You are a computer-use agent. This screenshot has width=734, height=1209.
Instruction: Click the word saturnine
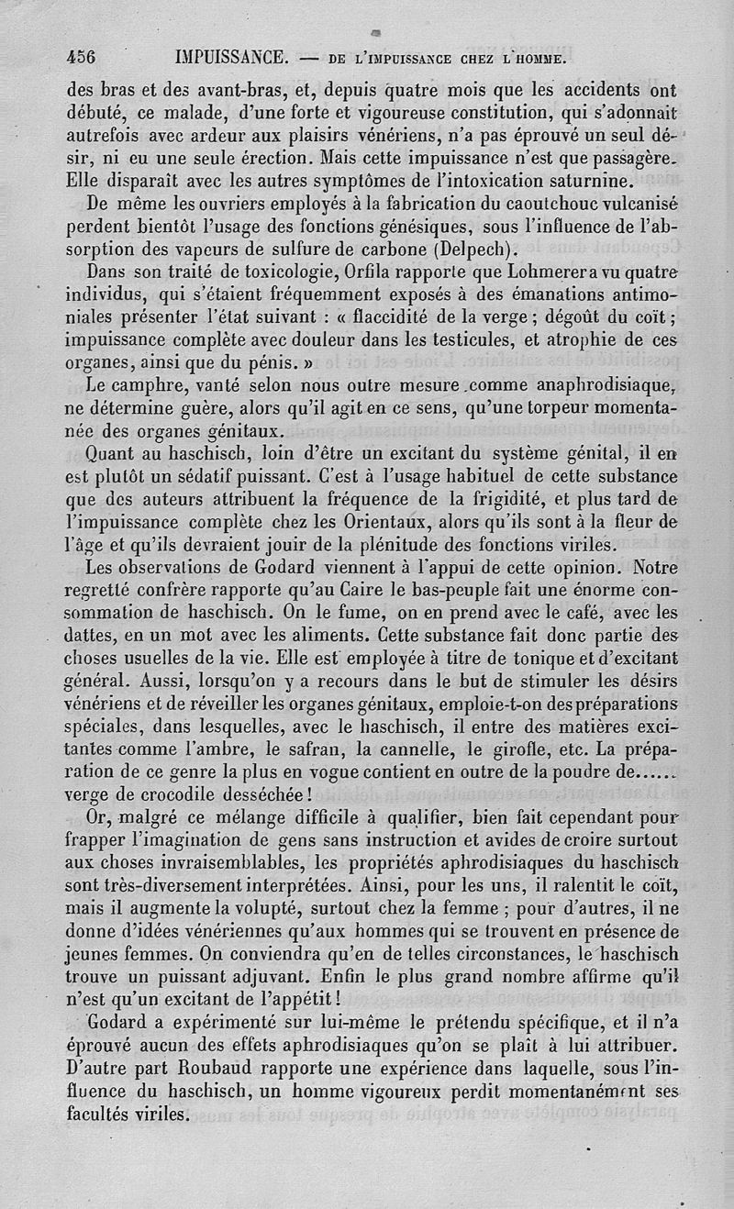(591, 180)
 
